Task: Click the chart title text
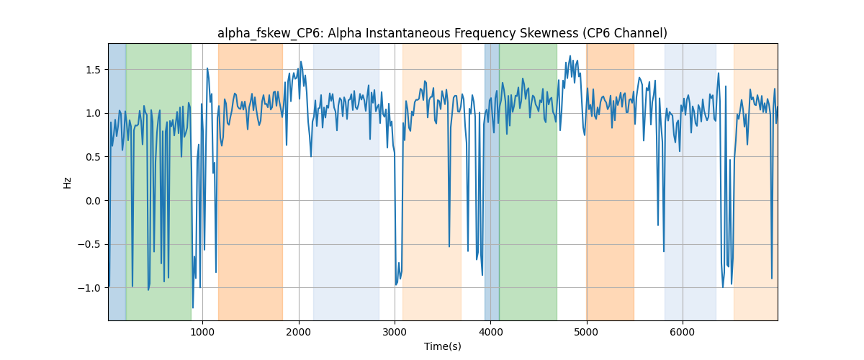(x=442, y=34)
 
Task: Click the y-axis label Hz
(x=67, y=182)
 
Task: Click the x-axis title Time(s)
(x=442, y=346)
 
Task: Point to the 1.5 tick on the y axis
(x=93, y=70)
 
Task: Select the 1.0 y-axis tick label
(x=93, y=114)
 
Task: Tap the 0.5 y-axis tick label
(x=93, y=157)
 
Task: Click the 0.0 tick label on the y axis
(x=93, y=201)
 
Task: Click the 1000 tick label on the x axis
(x=202, y=332)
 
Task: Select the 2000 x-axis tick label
(x=299, y=332)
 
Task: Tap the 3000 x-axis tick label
(x=395, y=332)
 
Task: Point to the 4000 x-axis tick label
(x=490, y=332)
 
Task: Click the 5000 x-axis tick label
(x=587, y=332)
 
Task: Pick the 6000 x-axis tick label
(x=683, y=332)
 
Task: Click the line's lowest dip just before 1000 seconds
(x=193, y=307)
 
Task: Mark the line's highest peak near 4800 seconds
(x=570, y=56)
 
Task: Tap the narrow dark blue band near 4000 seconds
(x=492, y=181)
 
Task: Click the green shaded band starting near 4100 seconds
(x=528, y=181)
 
